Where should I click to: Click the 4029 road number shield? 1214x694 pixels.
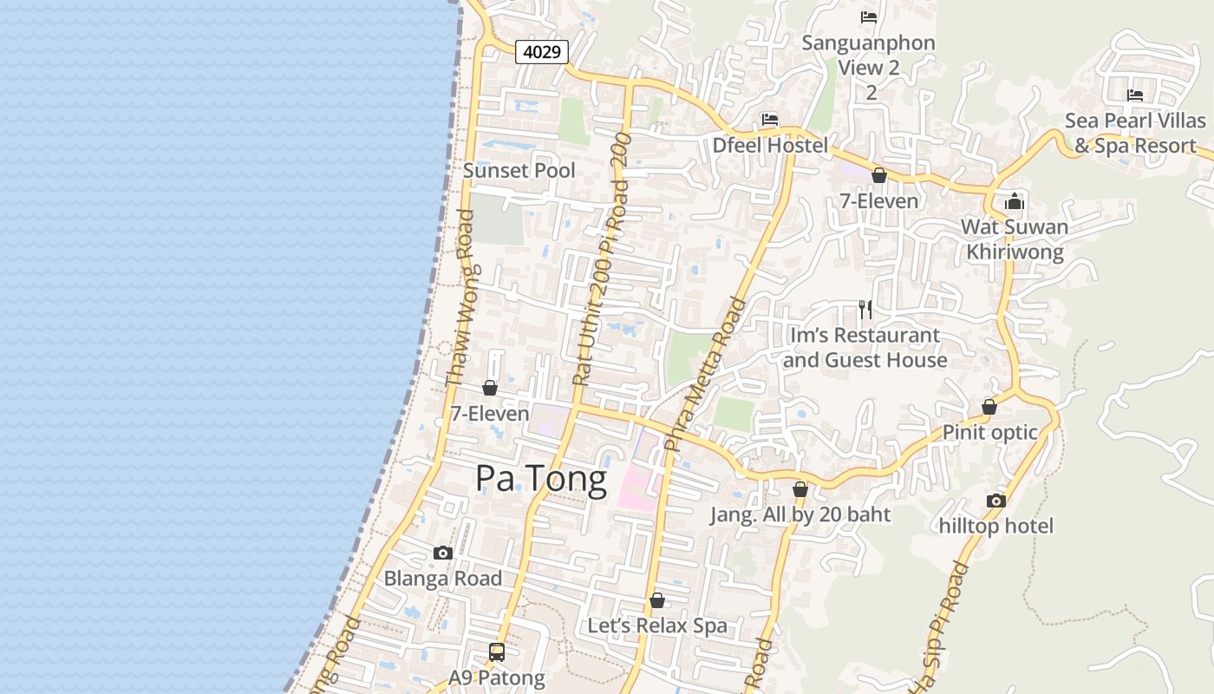click(x=542, y=52)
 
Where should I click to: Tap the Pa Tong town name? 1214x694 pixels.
click(x=541, y=480)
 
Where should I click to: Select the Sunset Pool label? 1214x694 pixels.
click(x=519, y=170)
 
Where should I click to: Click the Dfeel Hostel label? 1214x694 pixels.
click(x=770, y=145)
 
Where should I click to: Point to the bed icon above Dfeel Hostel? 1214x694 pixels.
click(x=769, y=120)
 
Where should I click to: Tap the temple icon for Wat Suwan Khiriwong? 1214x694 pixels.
click(x=1015, y=203)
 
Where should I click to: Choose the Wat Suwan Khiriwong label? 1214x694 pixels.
click(x=1015, y=239)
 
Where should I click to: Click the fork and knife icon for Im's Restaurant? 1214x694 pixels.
click(x=865, y=310)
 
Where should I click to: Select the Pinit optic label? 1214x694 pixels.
click(x=989, y=432)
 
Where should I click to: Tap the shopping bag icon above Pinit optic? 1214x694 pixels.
click(x=989, y=407)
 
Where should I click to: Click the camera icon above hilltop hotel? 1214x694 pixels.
click(x=995, y=501)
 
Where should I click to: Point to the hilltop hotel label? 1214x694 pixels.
click(x=995, y=526)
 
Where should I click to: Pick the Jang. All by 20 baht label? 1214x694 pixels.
click(x=800, y=514)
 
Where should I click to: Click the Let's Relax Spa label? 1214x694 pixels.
click(x=657, y=625)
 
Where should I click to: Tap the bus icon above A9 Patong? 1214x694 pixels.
click(x=497, y=652)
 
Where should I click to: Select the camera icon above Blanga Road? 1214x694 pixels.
click(x=443, y=553)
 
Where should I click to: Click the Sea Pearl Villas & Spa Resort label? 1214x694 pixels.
click(x=1135, y=133)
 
